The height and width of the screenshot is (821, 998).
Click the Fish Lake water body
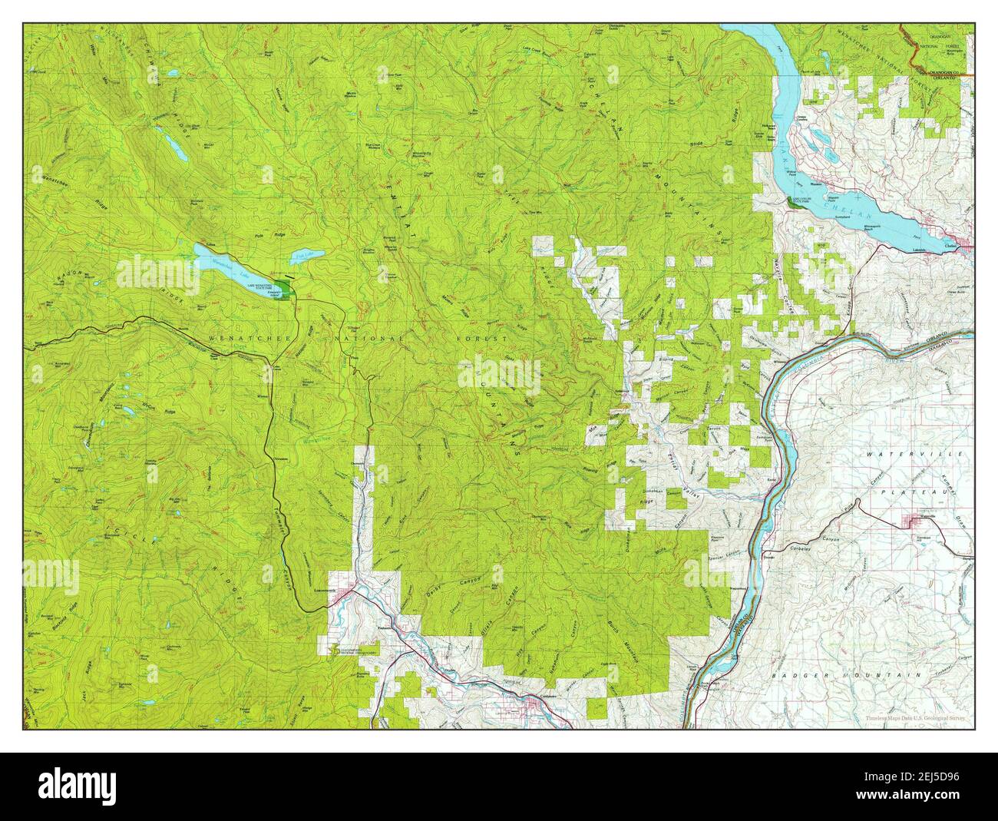click(309, 254)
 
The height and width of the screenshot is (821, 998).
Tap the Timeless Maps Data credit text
click(915, 719)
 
